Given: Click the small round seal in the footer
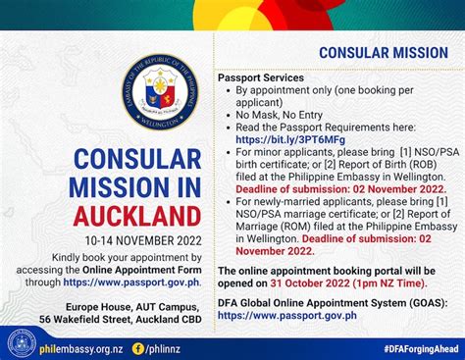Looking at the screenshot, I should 20,343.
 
